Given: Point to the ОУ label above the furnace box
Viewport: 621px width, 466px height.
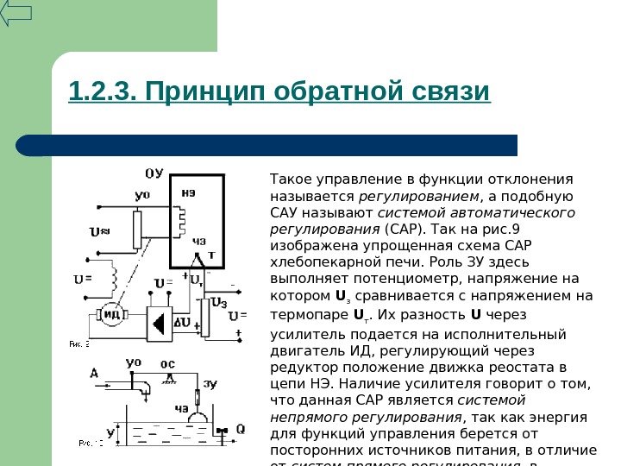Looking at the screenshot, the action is (x=153, y=173).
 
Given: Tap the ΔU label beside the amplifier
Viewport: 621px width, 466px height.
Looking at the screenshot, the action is (x=183, y=321).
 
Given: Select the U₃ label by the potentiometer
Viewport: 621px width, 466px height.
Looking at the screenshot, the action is (x=219, y=303).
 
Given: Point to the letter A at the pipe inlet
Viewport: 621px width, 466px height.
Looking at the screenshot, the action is (x=93, y=372).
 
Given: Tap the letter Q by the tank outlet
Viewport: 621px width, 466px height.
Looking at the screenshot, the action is (x=240, y=429).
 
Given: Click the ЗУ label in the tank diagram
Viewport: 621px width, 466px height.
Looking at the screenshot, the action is (x=210, y=383).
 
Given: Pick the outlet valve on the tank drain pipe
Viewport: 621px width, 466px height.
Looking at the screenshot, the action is (x=222, y=429).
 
